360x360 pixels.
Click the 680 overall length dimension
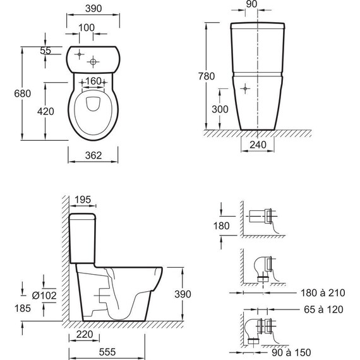(22, 93)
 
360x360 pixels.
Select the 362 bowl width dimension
(93, 155)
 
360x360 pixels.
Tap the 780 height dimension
(207, 76)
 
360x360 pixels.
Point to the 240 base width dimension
(258, 145)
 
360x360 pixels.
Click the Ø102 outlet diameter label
(44, 295)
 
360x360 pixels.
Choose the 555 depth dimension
(107, 352)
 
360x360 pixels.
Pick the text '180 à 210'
(323, 292)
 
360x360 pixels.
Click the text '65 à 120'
(323, 309)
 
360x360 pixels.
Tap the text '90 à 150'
(291, 352)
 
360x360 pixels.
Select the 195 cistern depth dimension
(83, 200)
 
